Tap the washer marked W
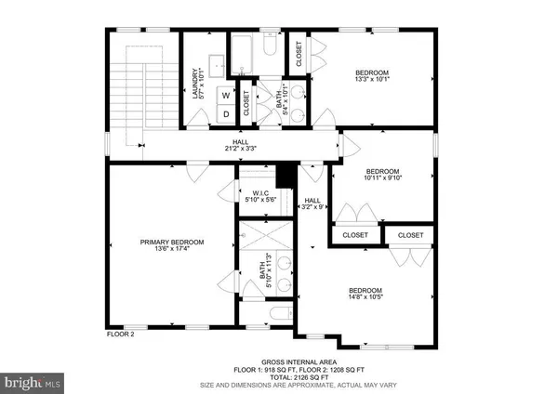point(225,94)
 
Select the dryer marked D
point(225,112)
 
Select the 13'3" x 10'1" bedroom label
point(372,75)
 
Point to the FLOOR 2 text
point(120,333)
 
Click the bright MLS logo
point(33,381)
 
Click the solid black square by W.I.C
point(286,175)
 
